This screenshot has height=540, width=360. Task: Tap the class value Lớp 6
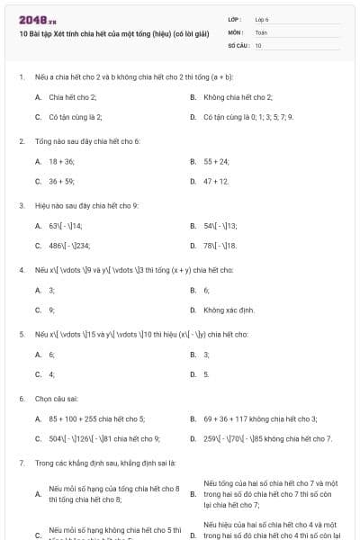point(262,18)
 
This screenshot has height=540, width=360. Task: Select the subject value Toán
point(261,31)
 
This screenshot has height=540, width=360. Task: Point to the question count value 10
point(258,44)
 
